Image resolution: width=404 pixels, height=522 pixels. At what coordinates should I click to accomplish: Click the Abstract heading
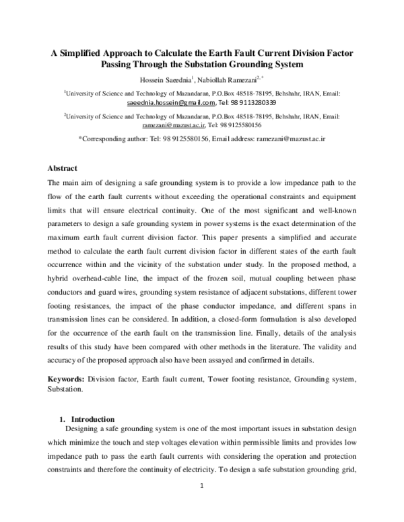tap(62, 167)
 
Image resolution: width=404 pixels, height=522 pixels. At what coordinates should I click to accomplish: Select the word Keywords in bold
tap(67, 379)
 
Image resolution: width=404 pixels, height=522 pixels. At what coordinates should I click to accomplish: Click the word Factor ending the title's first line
tap(339, 52)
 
